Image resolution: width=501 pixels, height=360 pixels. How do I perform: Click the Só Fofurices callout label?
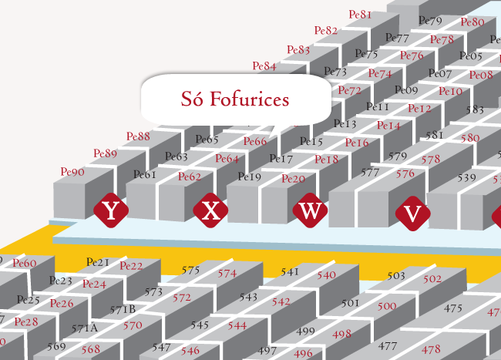(x=234, y=99)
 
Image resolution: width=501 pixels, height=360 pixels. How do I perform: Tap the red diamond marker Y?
(x=110, y=210)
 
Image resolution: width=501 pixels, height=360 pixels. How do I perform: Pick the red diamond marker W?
(x=310, y=210)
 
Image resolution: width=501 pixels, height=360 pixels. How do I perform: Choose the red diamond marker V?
(x=412, y=214)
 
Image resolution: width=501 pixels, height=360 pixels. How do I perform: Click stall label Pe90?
(x=72, y=171)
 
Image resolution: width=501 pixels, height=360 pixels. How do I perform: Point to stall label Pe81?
(x=360, y=15)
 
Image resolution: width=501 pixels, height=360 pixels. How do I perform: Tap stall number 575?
(x=190, y=270)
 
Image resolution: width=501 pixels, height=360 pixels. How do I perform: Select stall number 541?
(x=290, y=271)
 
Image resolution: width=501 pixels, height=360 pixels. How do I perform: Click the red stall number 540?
(x=326, y=274)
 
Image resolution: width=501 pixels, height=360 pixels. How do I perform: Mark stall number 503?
(x=395, y=275)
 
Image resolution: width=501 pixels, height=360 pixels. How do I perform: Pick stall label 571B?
(x=122, y=309)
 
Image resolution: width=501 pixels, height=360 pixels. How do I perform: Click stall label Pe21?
(x=98, y=262)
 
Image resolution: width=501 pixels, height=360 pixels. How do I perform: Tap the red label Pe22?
(x=131, y=266)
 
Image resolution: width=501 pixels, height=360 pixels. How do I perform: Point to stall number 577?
(x=370, y=172)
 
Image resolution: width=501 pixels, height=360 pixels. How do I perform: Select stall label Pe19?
(x=250, y=177)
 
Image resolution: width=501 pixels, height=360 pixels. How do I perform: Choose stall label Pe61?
(x=145, y=174)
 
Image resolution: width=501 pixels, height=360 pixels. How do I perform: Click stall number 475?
(x=453, y=308)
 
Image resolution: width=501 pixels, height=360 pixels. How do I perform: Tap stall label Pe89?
(x=105, y=153)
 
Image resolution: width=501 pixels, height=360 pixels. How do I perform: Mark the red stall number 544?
(x=237, y=325)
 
